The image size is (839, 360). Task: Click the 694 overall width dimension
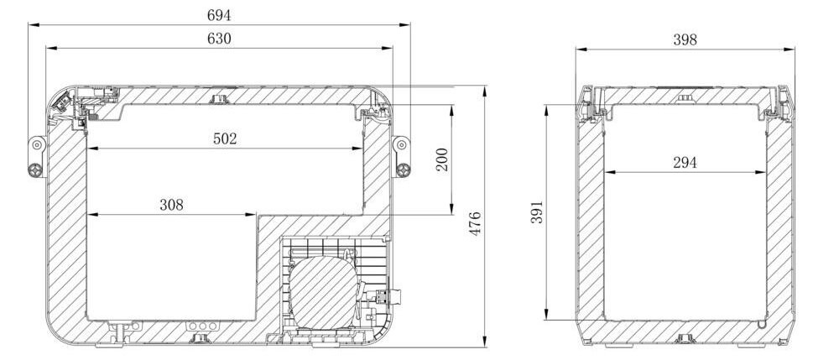[x=219, y=15]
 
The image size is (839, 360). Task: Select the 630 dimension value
[x=219, y=39]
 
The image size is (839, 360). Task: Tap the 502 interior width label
[x=225, y=138]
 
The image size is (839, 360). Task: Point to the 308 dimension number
[x=171, y=205]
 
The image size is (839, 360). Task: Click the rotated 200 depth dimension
[x=442, y=159]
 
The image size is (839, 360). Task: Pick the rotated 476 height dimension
[x=474, y=223]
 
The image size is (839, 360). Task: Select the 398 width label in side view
[x=685, y=39]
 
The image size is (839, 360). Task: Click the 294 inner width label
[x=685, y=163]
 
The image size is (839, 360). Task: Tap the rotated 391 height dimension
[x=537, y=212]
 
